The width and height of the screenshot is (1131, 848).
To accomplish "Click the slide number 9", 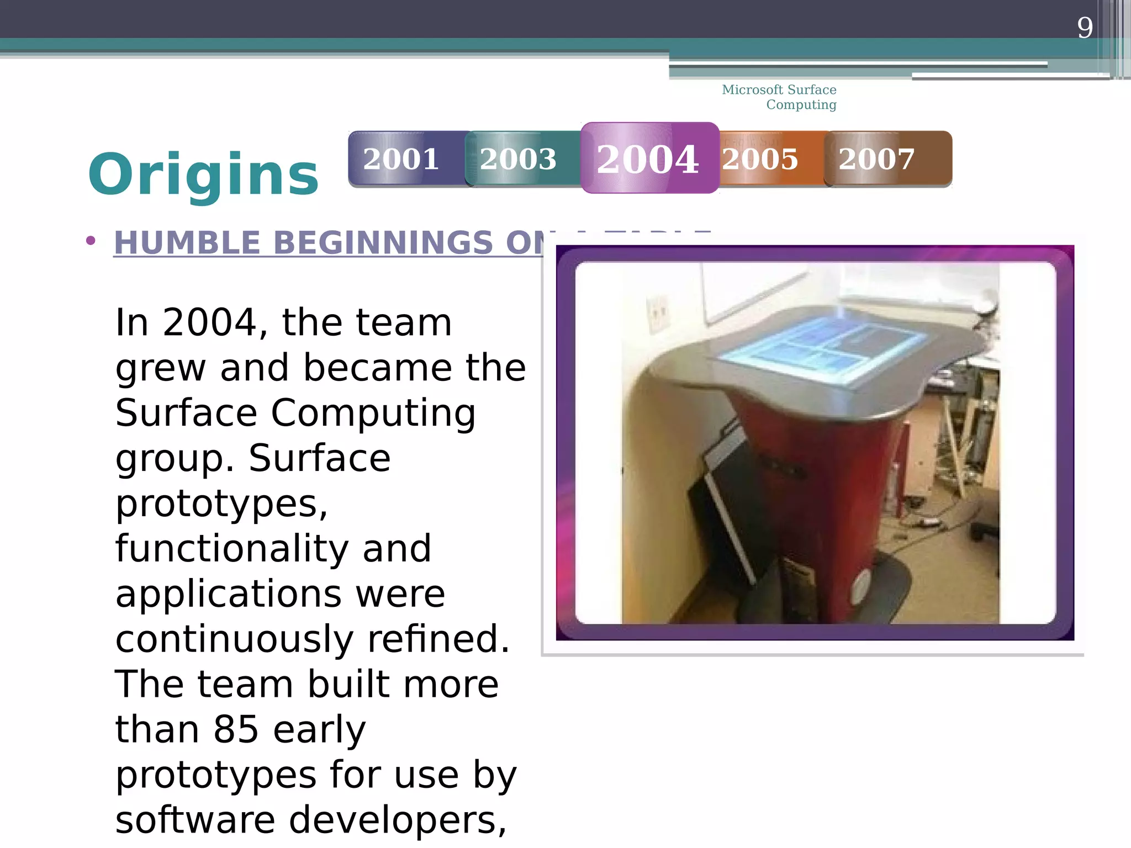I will pos(1085,28).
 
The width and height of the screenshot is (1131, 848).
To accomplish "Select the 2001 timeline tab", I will pos(401,159).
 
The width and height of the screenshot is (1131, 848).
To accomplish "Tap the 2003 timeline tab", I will pos(518,159).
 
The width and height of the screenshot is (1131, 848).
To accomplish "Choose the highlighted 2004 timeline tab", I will pos(648,159).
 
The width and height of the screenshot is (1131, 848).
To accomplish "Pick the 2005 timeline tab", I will pos(760,159).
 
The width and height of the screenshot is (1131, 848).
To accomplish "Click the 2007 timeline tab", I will pos(876,159).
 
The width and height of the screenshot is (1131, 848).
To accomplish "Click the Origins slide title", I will pos(203,174).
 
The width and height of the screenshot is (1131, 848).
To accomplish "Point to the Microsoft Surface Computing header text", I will pos(779,97).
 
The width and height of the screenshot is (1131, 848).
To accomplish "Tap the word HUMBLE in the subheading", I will pos(187,243).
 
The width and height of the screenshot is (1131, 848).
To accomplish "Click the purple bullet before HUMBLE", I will pos(91,241).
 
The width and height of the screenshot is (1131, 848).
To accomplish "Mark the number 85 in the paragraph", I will pos(236,729).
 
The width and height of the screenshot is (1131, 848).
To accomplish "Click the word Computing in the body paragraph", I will pos(373,413).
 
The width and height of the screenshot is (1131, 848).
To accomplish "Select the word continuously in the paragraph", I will pos(234,639).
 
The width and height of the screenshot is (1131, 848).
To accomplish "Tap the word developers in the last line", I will pos(397,820).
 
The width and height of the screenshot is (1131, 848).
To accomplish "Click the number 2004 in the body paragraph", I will pos(209,322).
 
